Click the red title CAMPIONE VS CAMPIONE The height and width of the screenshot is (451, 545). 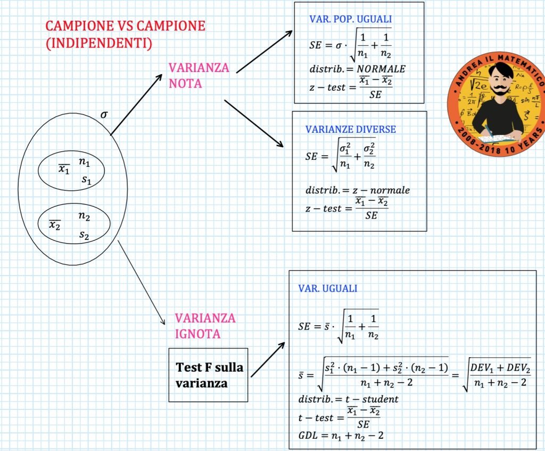pos(125,26)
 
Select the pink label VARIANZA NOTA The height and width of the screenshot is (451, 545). pos(199,76)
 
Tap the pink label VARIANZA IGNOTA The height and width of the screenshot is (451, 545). pos(205,326)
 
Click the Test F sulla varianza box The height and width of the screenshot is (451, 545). pos(208,375)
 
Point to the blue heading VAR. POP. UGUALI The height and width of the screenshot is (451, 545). pos(350,19)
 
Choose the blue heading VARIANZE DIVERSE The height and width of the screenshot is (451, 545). pos(350,130)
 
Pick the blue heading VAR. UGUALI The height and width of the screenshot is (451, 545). pos(328,288)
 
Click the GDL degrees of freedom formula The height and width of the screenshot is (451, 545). pos(341,436)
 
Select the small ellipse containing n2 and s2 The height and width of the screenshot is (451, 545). pos(74,224)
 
